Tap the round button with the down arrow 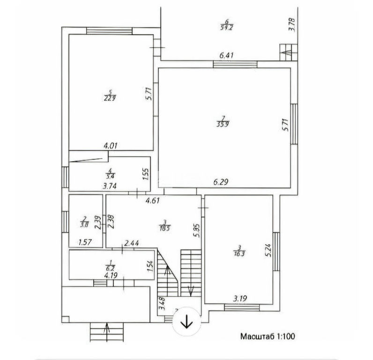187,322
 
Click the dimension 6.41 226,55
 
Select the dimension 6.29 222,182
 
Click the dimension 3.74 110,186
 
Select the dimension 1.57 85,242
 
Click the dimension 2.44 131,243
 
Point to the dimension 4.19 111,276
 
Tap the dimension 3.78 291,23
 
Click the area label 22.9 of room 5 111,98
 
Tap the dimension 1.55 146,175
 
